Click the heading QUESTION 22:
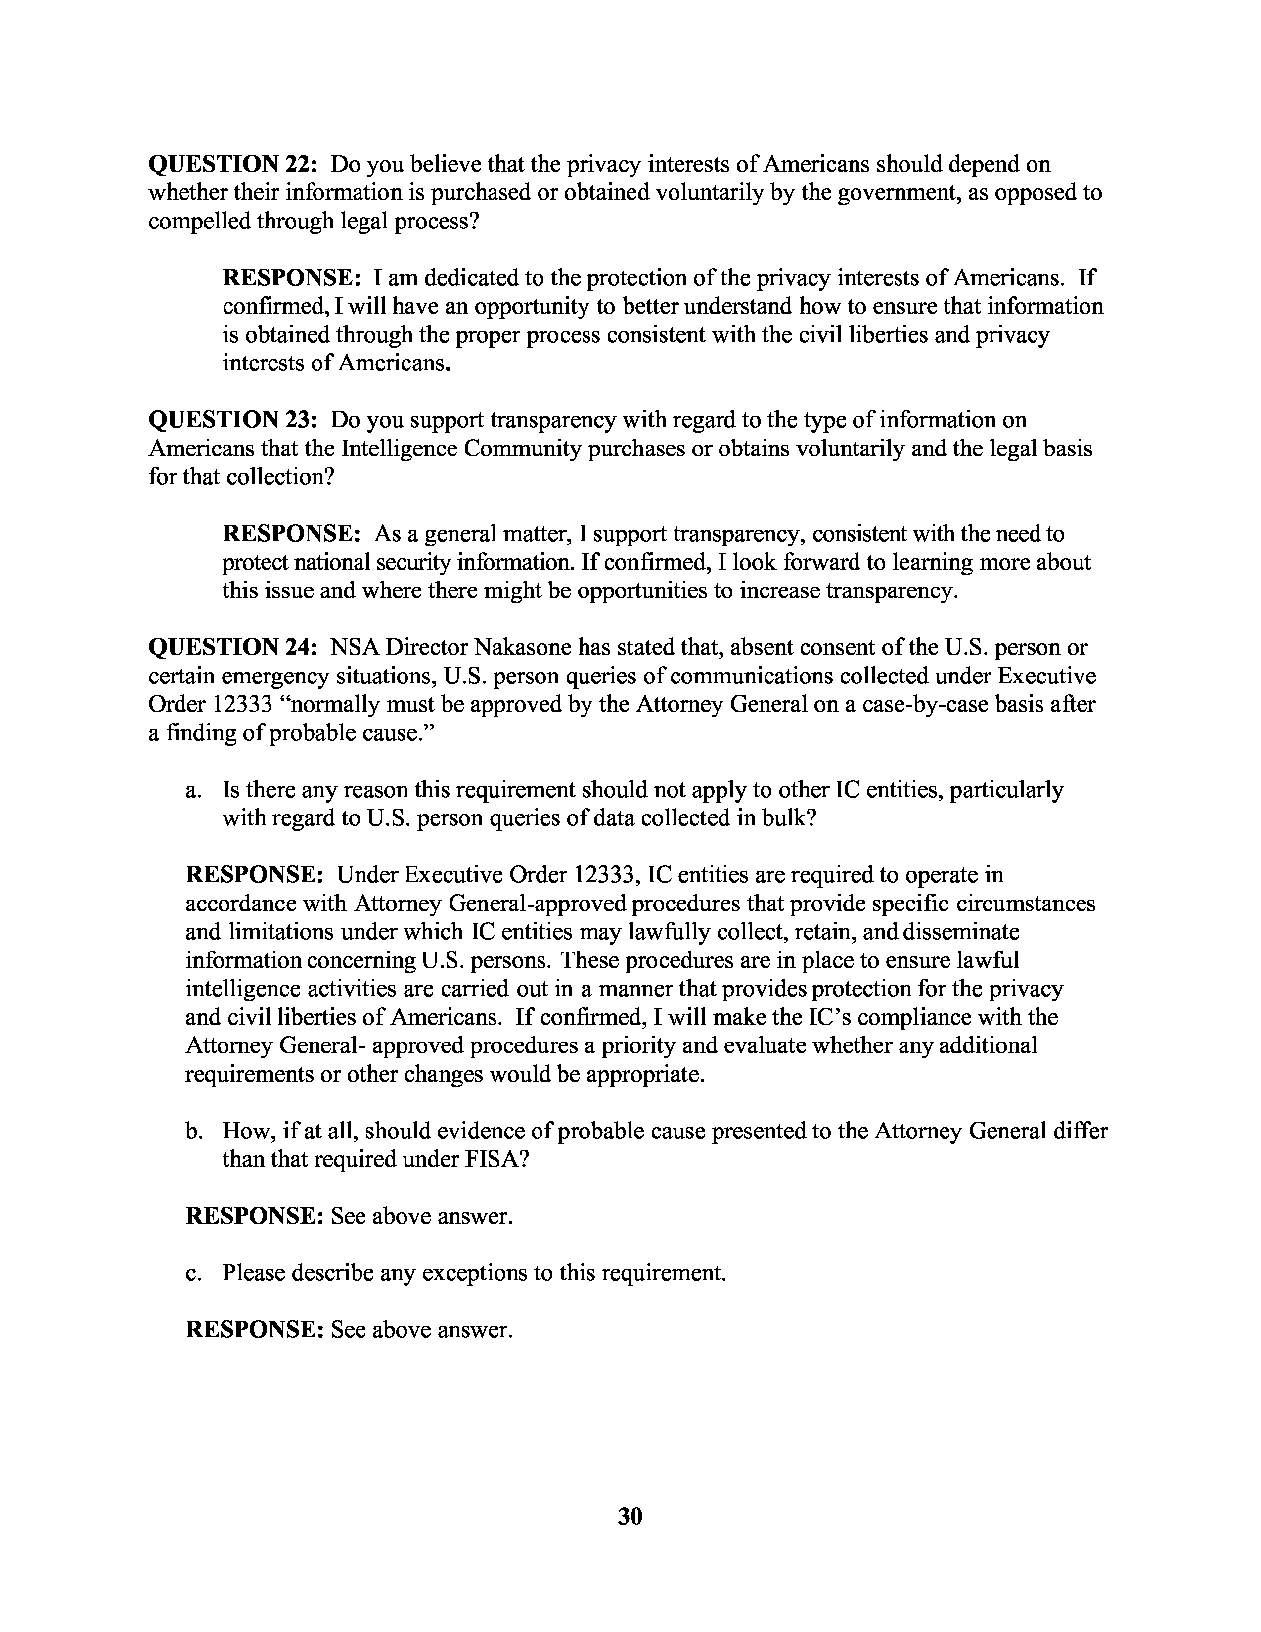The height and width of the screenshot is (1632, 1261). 234,164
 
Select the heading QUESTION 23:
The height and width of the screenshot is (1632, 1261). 234,420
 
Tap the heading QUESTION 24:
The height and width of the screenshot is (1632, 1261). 234,647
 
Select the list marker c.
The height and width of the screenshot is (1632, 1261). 193,1272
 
